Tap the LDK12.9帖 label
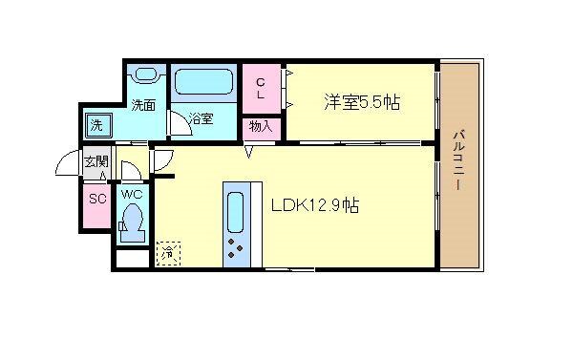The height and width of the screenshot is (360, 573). [315, 203]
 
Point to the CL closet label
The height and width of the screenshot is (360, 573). [259, 89]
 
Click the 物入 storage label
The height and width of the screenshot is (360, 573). [261, 126]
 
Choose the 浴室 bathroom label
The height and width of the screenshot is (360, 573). [201, 119]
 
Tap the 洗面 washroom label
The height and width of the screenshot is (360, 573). [143, 105]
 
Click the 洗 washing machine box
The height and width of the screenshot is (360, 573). [96, 124]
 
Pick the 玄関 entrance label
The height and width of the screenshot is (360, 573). [95, 161]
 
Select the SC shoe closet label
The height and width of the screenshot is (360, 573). [96, 199]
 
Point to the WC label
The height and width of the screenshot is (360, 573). [131, 195]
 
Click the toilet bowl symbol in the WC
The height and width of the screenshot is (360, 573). [132, 224]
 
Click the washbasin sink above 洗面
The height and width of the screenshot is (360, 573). [147, 75]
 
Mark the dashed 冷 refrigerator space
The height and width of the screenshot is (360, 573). [168, 253]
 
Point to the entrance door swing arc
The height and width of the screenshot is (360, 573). [69, 164]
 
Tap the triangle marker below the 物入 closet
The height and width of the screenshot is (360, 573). [248, 150]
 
